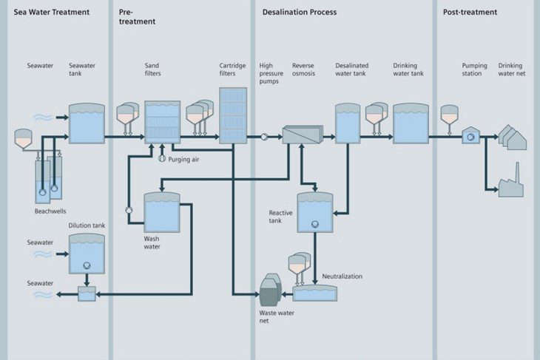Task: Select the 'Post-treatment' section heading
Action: pyautogui.click(x=470, y=12)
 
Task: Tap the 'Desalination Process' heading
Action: pyautogui.click(x=299, y=12)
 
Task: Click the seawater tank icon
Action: pyautogui.click(x=87, y=123)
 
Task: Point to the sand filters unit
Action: pyautogui.click(x=162, y=121)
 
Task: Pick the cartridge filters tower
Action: pyautogui.click(x=233, y=115)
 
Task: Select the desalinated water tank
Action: pyautogui.click(x=347, y=123)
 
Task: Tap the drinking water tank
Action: pyautogui.click(x=411, y=123)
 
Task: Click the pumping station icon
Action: pyautogui.click(x=471, y=136)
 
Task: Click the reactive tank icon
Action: pyautogui.click(x=314, y=214)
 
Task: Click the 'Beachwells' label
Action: pyautogui.click(x=50, y=211)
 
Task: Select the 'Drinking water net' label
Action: pyautogui.click(x=511, y=69)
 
